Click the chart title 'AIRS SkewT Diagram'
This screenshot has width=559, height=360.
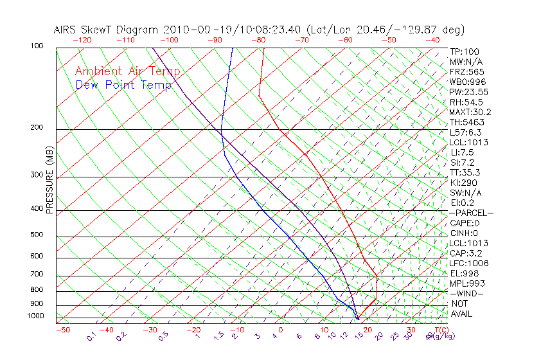pyautogui.click(x=106, y=30)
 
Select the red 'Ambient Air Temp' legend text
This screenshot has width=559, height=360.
pyautogui.click(x=127, y=71)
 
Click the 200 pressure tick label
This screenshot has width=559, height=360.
pyautogui.click(x=37, y=128)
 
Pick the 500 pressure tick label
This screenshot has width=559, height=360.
pyautogui.click(x=37, y=235)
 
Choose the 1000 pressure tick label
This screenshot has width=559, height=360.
pyautogui.click(x=35, y=316)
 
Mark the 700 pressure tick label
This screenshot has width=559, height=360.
pyautogui.click(x=37, y=274)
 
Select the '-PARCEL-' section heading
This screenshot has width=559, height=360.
pyautogui.click(x=471, y=213)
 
